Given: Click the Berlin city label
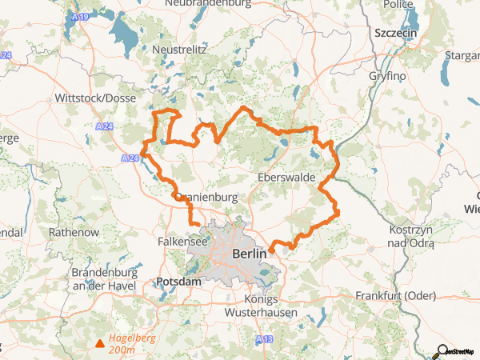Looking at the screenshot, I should [x=248, y=254].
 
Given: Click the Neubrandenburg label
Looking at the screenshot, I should [x=207, y=4].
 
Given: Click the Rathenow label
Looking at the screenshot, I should [x=74, y=232].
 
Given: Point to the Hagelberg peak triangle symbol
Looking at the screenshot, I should [x=99, y=344].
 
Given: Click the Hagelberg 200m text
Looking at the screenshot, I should [x=134, y=344].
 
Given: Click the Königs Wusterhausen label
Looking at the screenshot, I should [x=271, y=306].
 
